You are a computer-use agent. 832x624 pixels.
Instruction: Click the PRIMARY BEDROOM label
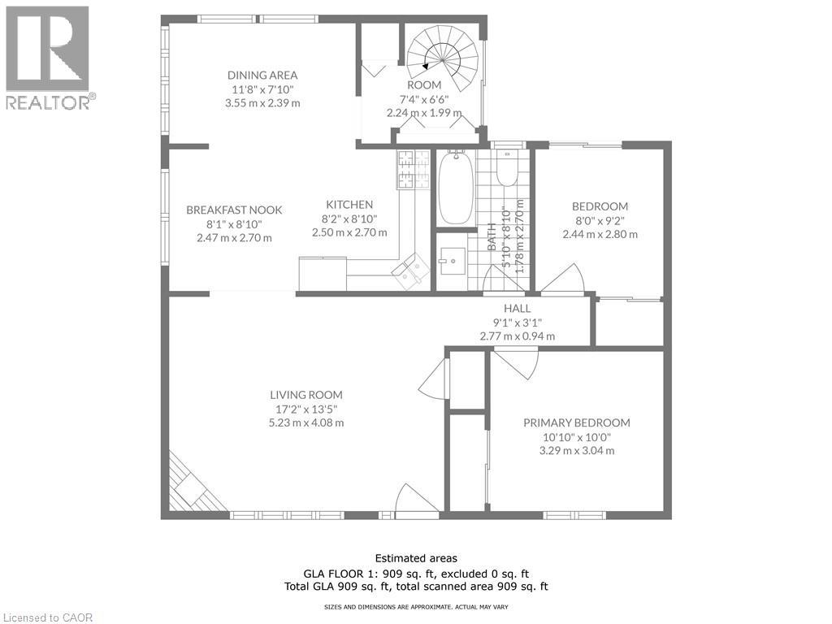point(576,422)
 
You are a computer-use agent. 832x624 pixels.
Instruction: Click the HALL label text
point(517,308)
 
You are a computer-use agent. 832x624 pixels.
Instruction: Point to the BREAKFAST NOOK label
point(234,210)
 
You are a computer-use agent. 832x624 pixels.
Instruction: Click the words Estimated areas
point(415,558)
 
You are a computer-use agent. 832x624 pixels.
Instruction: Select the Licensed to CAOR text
point(48,617)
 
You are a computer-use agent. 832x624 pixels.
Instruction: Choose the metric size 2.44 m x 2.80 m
point(600,234)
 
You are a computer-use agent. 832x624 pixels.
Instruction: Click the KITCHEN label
point(349,205)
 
